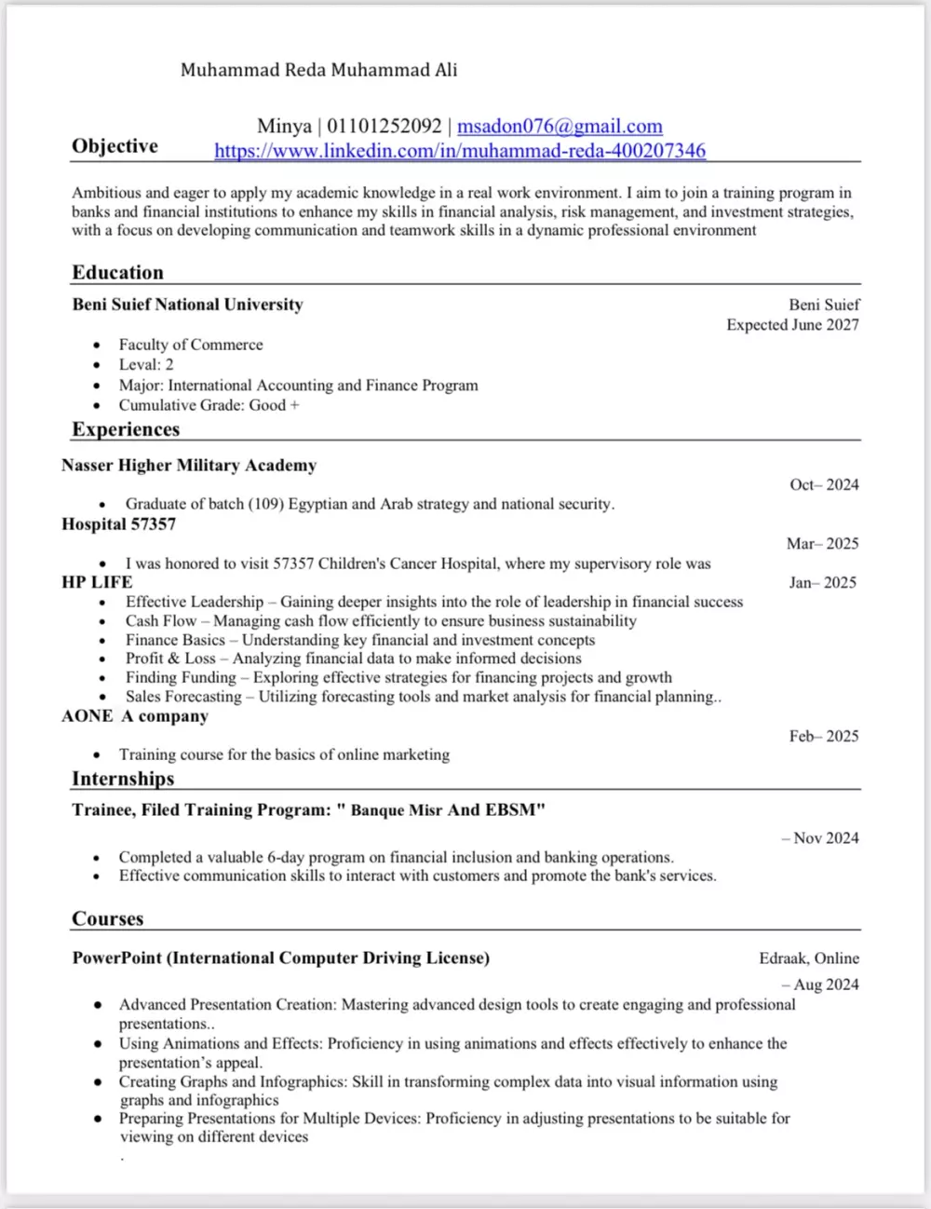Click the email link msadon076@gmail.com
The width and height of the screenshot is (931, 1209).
[x=560, y=127]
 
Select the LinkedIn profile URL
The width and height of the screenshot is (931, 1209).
[x=460, y=151]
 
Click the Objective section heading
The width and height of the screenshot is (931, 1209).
[x=115, y=146]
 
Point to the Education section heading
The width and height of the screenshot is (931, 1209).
[x=118, y=272]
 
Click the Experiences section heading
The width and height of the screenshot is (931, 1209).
[x=126, y=429]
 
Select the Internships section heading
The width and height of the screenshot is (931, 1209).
[x=123, y=779]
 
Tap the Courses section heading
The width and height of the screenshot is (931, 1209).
[x=108, y=918]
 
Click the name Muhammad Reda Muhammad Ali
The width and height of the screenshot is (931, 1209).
[x=318, y=70]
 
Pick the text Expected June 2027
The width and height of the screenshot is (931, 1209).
[x=792, y=325]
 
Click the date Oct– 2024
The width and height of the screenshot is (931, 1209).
[x=824, y=484]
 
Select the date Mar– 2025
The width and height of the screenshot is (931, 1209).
[x=822, y=543]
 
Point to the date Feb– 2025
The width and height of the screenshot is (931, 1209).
[x=824, y=736]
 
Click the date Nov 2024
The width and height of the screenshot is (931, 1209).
[x=826, y=838]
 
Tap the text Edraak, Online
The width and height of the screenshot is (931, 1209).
[x=809, y=958]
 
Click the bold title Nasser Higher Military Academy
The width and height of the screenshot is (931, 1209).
[x=189, y=465]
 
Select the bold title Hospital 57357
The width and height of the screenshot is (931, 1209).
[x=118, y=524]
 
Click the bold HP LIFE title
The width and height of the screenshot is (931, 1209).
[x=97, y=582]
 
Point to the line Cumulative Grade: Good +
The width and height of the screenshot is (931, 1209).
[x=209, y=405]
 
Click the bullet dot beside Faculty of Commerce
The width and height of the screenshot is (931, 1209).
[x=97, y=345]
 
